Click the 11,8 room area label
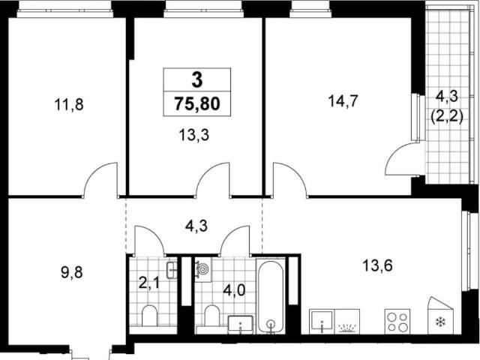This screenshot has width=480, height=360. click(x=69, y=105)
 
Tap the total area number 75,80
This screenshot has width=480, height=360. click(x=197, y=103)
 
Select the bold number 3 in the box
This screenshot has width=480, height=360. click(x=197, y=80)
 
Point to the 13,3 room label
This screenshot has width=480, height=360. click(x=194, y=135)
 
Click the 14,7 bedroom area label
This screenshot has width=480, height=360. click(x=343, y=101)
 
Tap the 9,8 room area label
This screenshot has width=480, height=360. click(x=72, y=272)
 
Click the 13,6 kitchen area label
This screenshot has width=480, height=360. click(x=377, y=265)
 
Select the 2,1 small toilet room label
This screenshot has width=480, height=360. click(x=148, y=283)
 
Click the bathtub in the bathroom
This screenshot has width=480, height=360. click(x=271, y=296)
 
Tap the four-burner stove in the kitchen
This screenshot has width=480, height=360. click(x=397, y=321)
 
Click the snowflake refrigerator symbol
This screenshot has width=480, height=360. click(x=440, y=322)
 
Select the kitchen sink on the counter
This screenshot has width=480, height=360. click(x=322, y=322)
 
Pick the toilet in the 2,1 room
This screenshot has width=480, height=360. click(x=149, y=316)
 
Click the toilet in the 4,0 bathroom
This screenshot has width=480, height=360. click(x=211, y=316)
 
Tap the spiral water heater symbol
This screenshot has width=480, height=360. click(x=203, y=269)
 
